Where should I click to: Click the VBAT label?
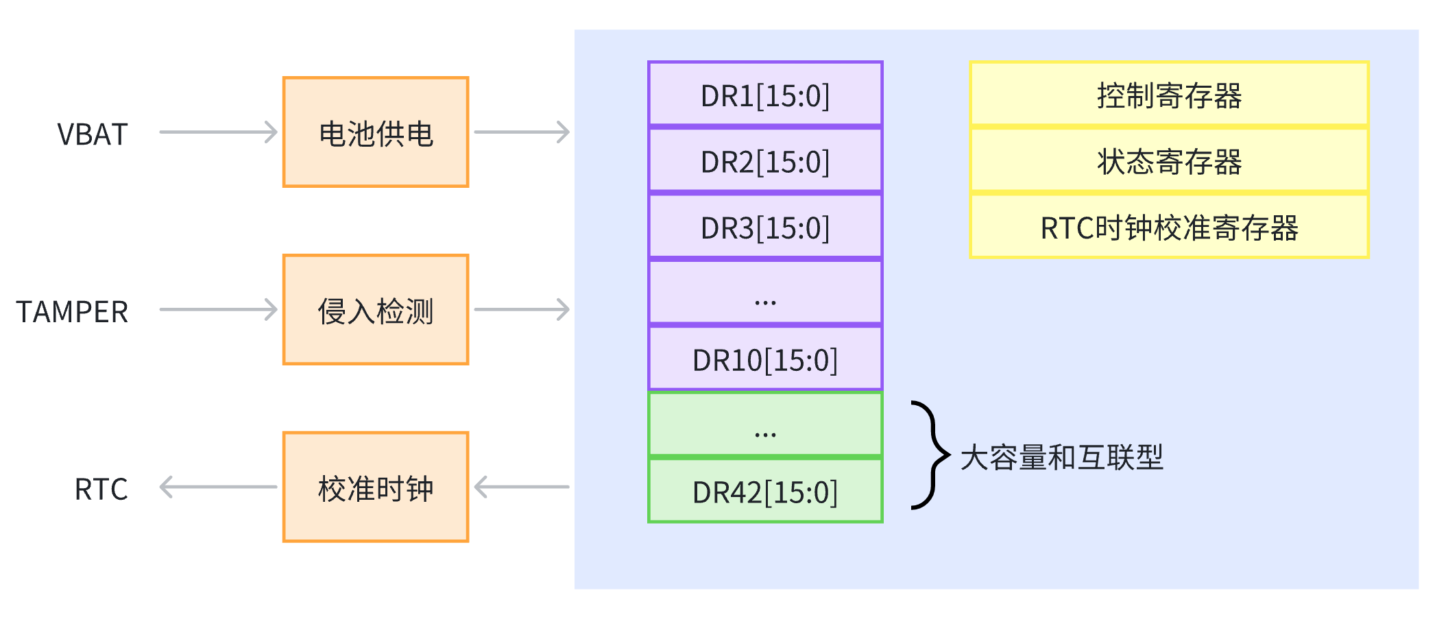[93, 134]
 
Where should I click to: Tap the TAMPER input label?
[73, 312]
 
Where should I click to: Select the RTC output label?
[101, 489]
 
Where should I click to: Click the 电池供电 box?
[376, 132]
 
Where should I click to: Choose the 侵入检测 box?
[376, 310]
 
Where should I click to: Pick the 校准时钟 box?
[376, 487]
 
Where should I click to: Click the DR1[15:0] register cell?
[765, 95]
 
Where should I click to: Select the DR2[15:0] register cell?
[765, 160]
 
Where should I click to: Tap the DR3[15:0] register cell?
[765, 227]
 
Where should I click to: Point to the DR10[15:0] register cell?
[765, 359]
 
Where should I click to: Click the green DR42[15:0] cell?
[765, 491]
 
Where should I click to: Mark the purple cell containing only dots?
[765, 293]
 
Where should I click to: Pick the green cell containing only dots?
[765, 424]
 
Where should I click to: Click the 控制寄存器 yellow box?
[1169, 95]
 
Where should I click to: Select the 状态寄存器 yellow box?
[1169, 160]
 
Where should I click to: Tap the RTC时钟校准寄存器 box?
[1169, 227]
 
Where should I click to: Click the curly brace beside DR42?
[931, 455]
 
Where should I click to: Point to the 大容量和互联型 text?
[1061, 457]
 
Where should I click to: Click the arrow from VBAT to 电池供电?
[218, 132]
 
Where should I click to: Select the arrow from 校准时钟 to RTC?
[218, 487]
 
